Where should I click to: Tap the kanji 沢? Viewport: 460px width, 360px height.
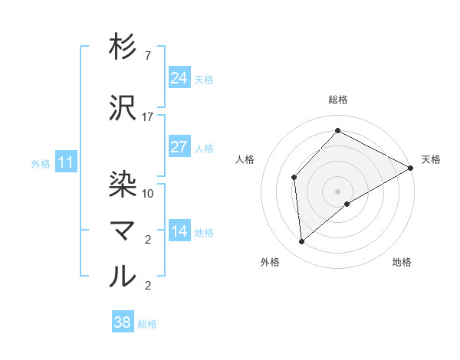tap(123, 109)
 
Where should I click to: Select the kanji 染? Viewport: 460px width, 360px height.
tap(123, 182)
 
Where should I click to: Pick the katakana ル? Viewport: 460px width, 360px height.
tap(123, 276)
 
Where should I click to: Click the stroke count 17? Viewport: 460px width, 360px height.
tap(148, 117)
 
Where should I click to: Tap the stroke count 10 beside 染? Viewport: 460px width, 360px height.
tap(148, 193)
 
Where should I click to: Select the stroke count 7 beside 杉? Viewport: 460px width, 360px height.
tap(148, 56)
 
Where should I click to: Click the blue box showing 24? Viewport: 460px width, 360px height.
tap(179, 78)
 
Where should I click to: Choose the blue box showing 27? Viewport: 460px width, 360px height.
tap(179, 147)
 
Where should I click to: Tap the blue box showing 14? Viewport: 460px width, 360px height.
tap(179, 231)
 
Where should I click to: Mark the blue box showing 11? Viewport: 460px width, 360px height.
tap(65, 162)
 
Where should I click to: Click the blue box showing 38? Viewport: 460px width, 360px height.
tap(123, 323)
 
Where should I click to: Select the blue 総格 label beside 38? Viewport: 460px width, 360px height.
tap(148, 324)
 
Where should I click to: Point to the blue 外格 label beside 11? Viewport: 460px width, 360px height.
tap(41, 163)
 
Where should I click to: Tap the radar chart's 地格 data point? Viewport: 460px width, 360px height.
tap(347, 204)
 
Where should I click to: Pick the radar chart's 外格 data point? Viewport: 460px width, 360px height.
tap(302, 242)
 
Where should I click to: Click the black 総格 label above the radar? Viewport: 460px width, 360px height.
tap(338, 100)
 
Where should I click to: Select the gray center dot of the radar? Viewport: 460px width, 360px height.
tap(337, 191)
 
